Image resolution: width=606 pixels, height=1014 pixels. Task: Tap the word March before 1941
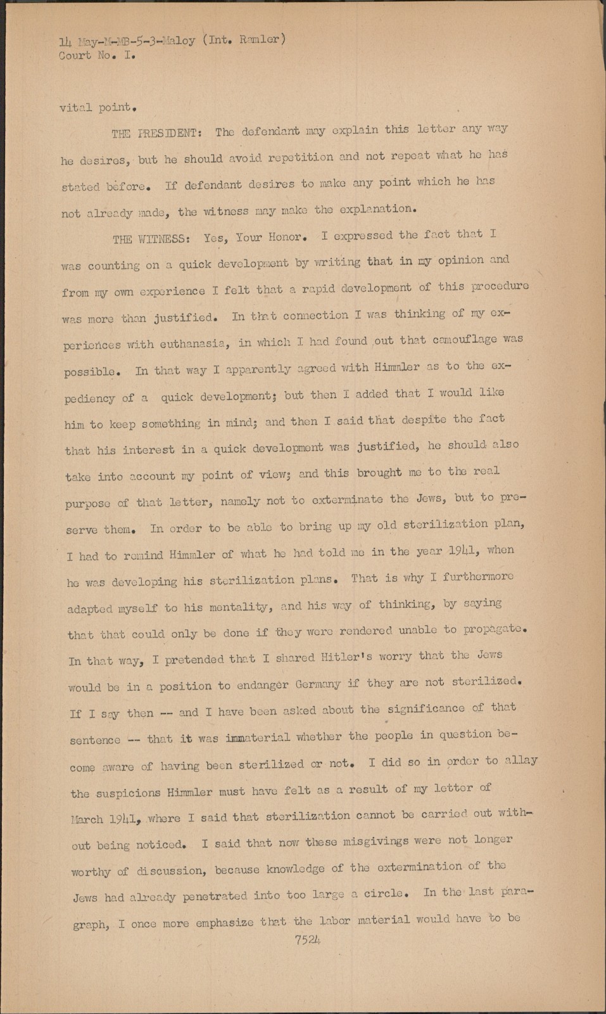[87, 819]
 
